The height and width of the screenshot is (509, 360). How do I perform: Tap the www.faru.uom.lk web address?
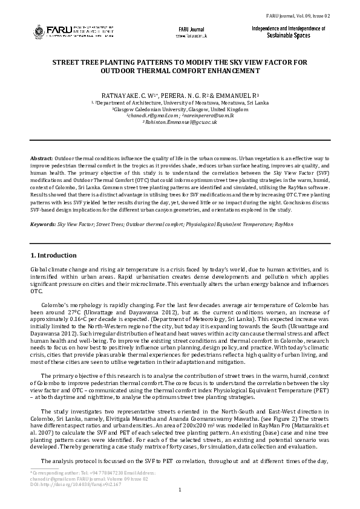pos(192,36)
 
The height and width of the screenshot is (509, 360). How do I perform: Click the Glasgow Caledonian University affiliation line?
pos(180,109)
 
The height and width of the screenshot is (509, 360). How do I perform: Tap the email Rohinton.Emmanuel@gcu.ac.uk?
pos(180,122)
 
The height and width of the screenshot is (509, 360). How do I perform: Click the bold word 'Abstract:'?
pos(41,158)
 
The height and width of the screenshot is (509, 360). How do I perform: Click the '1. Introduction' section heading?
pos(53,255)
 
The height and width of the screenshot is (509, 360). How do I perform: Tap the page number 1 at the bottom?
pos(180,489)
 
